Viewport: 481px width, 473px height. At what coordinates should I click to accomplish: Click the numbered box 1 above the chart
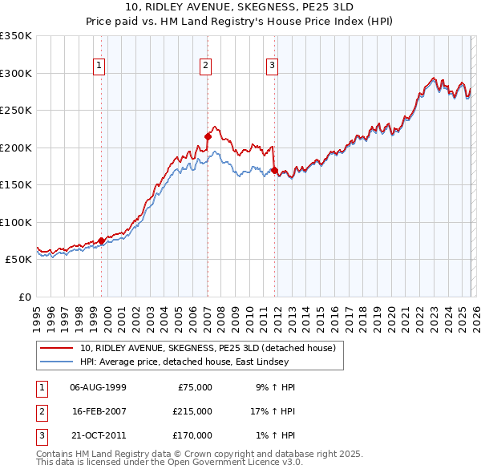pos(99,66)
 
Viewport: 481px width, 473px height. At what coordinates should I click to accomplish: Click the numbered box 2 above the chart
pos(206,66)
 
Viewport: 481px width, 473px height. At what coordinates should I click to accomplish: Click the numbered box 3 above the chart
pos(272,66)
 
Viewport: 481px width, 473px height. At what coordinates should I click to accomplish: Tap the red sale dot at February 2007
pos(208,136)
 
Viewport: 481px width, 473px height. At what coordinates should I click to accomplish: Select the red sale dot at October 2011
pos(274,170)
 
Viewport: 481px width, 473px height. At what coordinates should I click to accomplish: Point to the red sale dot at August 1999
pos(102,241)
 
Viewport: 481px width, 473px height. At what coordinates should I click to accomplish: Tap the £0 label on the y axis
pos(23,297)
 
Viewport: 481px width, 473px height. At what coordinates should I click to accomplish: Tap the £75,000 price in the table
pos(193,386)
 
